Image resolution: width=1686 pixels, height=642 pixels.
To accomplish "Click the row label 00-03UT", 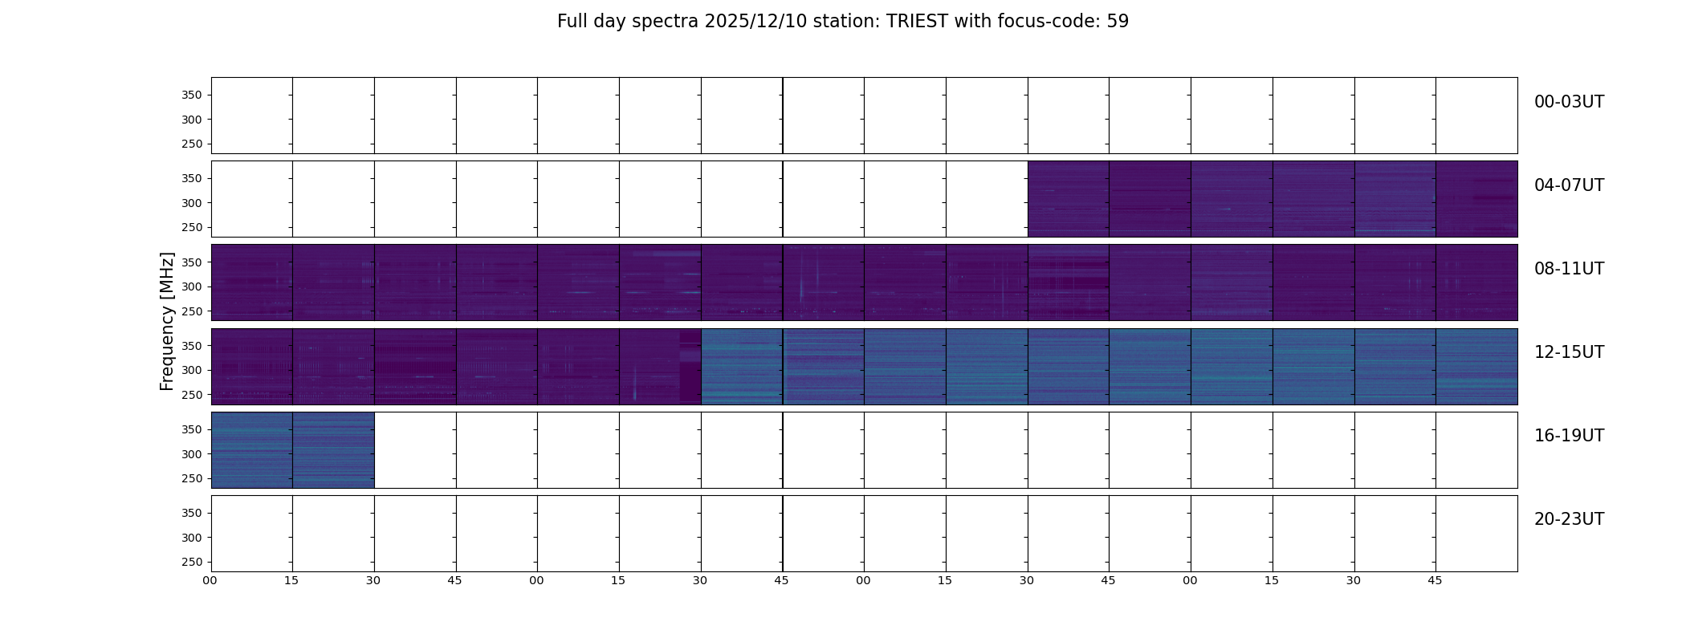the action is pos(1569,102).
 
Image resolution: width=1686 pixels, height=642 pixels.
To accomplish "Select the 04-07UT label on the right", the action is pos(1569,185).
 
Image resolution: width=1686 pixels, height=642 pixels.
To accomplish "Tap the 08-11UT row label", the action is pos(1569,269).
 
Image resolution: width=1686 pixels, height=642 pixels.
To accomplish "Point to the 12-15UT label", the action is pos(1569,352).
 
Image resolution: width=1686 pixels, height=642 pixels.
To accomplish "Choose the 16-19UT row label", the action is pos(1569,436).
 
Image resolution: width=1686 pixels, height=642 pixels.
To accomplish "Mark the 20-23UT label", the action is pos(1569,519).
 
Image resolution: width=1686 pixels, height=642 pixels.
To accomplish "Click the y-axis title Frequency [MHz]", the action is pos(167,321).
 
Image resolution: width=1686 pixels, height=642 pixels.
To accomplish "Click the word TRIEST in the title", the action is pos(918,22).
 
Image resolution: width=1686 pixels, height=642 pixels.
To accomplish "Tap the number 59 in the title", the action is pos(1118,22).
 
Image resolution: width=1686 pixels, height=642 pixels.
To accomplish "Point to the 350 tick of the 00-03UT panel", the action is pos(191,95).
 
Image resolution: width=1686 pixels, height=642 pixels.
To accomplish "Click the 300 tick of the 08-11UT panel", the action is pos(191,286).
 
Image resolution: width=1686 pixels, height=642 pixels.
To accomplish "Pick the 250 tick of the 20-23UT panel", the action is pos(191,562).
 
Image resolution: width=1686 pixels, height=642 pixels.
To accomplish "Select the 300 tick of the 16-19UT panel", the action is pos(191,454).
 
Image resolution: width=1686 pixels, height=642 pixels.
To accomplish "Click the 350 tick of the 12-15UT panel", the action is pos(191,346).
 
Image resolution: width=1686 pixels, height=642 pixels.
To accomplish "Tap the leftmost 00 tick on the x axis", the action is pos(210,580).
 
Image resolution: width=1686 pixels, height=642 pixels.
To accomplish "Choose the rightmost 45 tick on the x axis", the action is pos(1435,580).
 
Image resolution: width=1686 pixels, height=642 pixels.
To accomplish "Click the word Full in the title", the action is pos(571,22).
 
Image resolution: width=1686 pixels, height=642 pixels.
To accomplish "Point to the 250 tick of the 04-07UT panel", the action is pos(191,228).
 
